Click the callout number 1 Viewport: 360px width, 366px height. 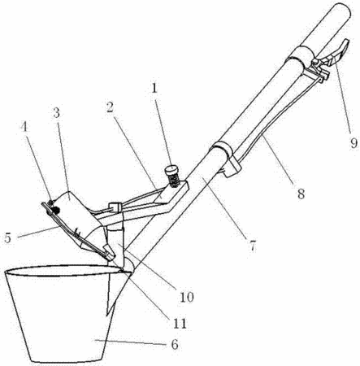[x=154, y=89]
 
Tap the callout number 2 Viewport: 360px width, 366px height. [x=111, y=108]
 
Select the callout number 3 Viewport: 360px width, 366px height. [x=56, y=113]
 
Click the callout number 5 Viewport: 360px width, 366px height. [x=8, y=238]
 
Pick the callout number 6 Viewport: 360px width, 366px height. [x=175, y=345]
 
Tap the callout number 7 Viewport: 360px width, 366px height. [x=252, y=246]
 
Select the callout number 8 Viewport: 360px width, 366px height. [x=301, y=194]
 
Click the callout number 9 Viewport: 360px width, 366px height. [x=353, y=143]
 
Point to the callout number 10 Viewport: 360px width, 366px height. [x=187, y=297]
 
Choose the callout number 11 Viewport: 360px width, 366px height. [x=180, y=323]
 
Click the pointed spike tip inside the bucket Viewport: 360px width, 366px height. [x=108, y=315]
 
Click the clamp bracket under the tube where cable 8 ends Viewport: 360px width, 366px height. [x=231, y=166]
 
